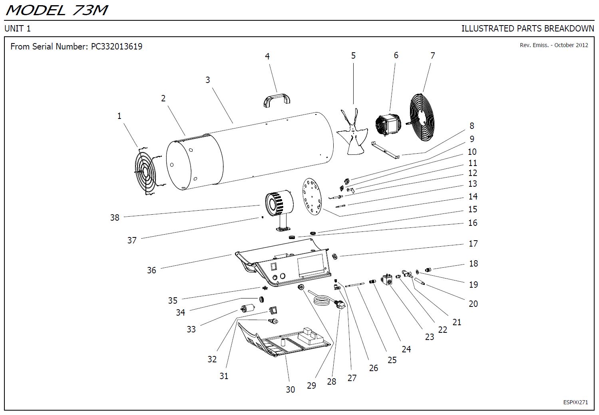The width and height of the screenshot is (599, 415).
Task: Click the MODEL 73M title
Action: (56, 10)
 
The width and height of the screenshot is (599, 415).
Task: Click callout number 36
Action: (151, 270)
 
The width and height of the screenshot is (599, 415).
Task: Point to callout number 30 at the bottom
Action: (290, 389)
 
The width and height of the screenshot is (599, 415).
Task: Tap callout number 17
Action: (473, 243)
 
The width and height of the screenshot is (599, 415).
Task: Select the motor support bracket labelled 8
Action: (386, 150)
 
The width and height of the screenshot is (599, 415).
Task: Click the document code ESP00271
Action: (575, 402)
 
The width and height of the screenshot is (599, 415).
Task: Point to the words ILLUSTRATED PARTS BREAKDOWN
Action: (527, 29)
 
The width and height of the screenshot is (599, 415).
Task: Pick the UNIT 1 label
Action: (18, 29)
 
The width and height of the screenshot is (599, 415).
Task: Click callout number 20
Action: (473, 304)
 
